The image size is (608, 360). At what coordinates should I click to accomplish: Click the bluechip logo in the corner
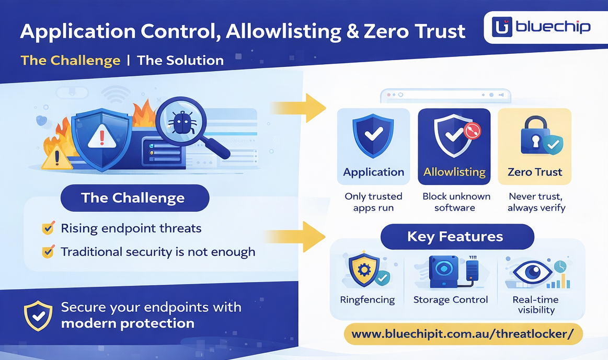pos(541,27)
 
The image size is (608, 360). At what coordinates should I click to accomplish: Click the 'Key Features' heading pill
pos(455,237)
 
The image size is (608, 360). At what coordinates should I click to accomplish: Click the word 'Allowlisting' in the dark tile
pos(454,172)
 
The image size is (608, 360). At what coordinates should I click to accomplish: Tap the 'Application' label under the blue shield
pos(373,172)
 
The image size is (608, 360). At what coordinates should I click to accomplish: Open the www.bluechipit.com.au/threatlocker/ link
pos(463,334)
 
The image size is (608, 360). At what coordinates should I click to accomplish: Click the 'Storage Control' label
pos(450,300)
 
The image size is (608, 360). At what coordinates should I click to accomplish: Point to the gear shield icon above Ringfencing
pos(365,271)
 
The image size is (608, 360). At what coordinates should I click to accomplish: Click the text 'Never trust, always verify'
pos(536,202)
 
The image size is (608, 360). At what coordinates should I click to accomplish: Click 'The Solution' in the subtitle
pos(180,61)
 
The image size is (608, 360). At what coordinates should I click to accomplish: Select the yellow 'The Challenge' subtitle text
pos(71,61)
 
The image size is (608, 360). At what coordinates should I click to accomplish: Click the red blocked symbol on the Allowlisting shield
pos(472,130)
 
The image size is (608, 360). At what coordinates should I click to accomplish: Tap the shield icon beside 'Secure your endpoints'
pos(38,316)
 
